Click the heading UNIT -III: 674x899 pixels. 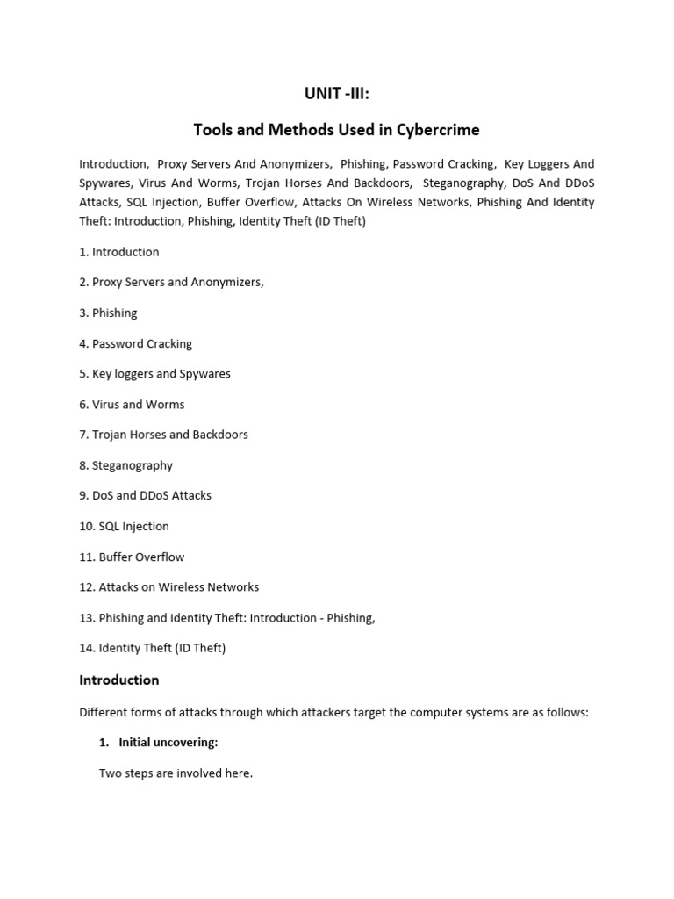(336, 94)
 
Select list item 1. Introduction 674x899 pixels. (119, 252)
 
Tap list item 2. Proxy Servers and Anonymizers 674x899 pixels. (171, 282)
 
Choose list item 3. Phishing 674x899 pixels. (108, 313)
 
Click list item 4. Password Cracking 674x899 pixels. (135, 343)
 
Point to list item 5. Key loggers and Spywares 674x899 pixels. (154, 373)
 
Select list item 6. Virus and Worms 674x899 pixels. (132, 404)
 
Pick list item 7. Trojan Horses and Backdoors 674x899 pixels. (163, 435)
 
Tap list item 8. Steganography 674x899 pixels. (125, 465)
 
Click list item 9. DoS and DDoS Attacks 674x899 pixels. (145, 495)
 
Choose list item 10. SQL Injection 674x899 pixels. (124, 526)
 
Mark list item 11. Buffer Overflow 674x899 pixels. (132, 557)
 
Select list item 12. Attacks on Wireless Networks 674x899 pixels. (168, 586)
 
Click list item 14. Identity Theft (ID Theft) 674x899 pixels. (152, 648)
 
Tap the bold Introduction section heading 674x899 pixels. (119, 680)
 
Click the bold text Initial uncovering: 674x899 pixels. (168, 742)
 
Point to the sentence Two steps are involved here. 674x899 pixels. (176, 773)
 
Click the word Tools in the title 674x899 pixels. (212, 130)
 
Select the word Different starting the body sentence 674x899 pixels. (104, 712)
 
